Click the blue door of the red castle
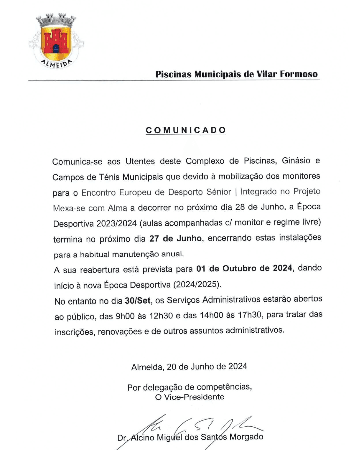[56, 49]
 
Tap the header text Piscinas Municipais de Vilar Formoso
[236, 74]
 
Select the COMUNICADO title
[186, 130]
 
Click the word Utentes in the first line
[140, 161]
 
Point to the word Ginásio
[296, 161]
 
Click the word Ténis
[110, 177]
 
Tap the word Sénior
[219, 192]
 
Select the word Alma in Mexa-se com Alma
[117, 208]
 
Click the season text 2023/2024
[117, 223]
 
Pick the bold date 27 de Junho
[175, 239]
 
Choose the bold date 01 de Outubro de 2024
[244, 268]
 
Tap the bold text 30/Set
[138, 301]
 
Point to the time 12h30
[161, 316]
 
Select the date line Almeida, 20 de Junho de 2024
[189, 367]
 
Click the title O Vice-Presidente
[190, 397]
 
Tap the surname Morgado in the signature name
[246, 437]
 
